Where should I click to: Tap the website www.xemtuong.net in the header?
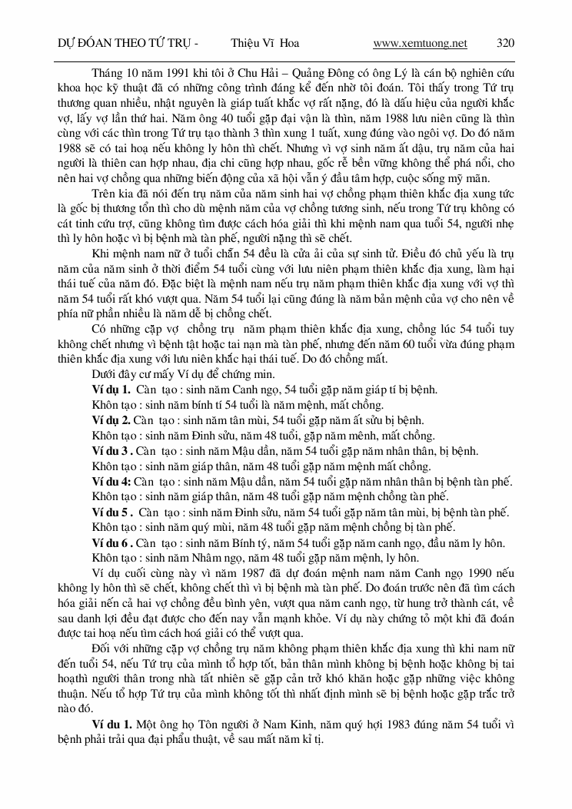(x=420, y=43)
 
